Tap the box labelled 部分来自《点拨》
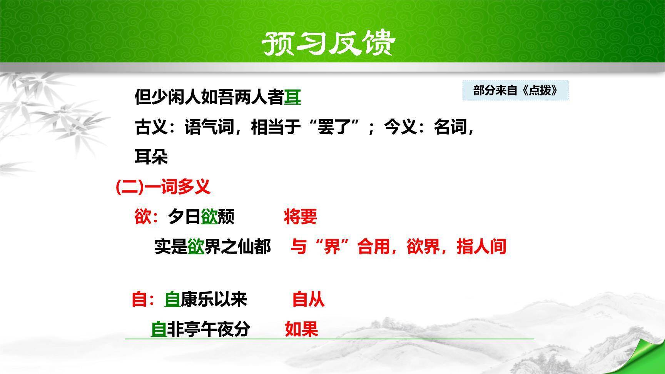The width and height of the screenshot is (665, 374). click(515, 91)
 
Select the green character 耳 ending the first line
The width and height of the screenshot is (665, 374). click(292, 97)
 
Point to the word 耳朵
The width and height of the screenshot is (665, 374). click(151, 157)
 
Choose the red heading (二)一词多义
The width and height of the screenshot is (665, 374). click(163, 187)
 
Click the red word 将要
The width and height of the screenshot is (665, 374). click(300, 217)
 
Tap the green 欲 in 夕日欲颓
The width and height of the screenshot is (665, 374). click(209, 217)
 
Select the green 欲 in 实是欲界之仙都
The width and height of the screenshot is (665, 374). click(196, 247)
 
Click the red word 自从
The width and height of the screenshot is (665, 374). click(308, 299)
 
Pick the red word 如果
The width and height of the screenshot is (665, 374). click(301, 329)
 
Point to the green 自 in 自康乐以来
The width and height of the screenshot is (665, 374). click(172, 299)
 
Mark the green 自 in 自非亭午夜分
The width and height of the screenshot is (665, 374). click(159, 329)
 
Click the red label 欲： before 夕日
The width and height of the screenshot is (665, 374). click(146, 217)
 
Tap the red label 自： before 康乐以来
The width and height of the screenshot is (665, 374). click(143, 299)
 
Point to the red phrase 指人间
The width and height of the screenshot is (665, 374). click(481, 247)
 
